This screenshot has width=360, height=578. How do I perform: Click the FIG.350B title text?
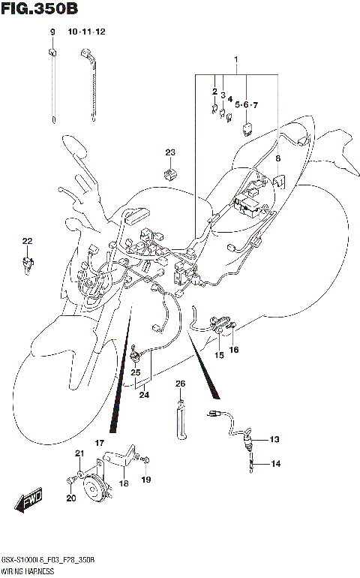[x=38, y=9]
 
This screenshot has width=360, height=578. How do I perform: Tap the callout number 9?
[x=53, y=32]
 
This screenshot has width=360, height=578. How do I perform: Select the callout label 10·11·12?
[x=87, y=32]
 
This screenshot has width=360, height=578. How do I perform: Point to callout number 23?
[x=170, y=153]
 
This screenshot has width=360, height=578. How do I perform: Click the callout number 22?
[x=27, y=241]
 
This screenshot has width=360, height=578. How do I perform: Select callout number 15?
[x=220, y=355]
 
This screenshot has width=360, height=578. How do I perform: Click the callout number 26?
[x=180, y=384]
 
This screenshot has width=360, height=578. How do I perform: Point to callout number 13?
[x=274, y=439]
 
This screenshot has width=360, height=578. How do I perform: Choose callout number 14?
[x=275, y=464]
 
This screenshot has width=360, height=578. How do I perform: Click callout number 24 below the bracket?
[x=143, y=395]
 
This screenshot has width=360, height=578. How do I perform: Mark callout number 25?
[x=136, y=372]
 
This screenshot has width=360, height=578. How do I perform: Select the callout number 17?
[x=98, y=444]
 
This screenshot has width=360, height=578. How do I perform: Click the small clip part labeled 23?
[x=169, y=174]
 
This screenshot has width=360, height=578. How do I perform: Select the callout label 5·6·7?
[x=245, y=104]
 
